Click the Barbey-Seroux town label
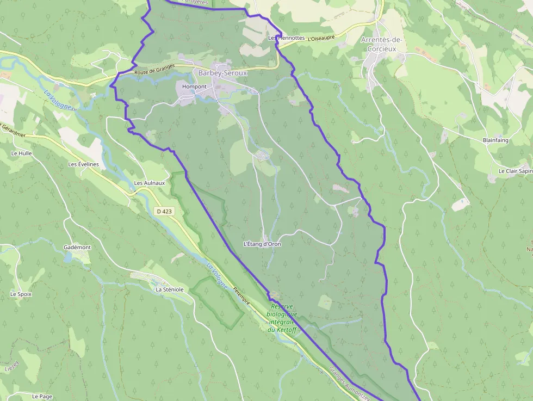222,73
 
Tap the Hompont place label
194,87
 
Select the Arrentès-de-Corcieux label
381,44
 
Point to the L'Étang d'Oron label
262,244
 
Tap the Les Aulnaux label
150,183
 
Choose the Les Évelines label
83,164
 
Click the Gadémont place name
77,247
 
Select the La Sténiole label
170,289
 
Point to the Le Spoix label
21,294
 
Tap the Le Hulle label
21,153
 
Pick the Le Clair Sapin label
515,171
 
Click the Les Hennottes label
287,38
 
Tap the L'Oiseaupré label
321,38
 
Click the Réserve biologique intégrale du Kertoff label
282,318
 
